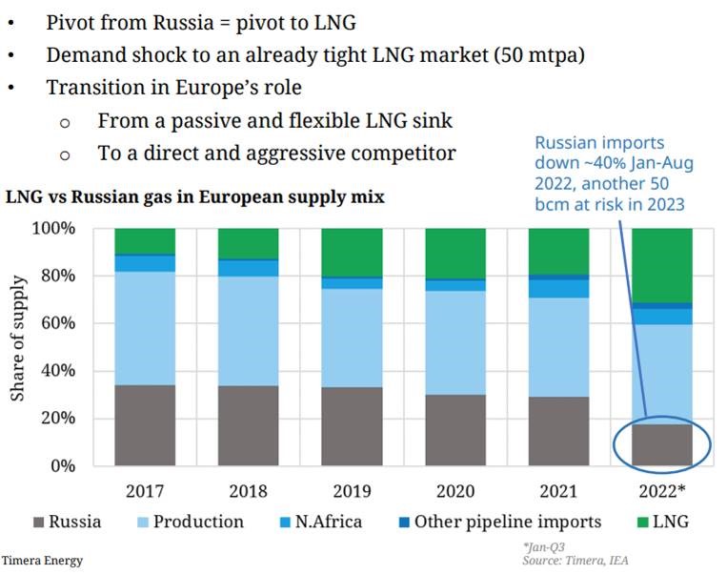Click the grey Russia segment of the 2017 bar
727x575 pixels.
pos(145,425)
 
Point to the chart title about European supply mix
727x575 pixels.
pos(194,198)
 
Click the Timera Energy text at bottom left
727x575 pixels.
pos(42,560)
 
